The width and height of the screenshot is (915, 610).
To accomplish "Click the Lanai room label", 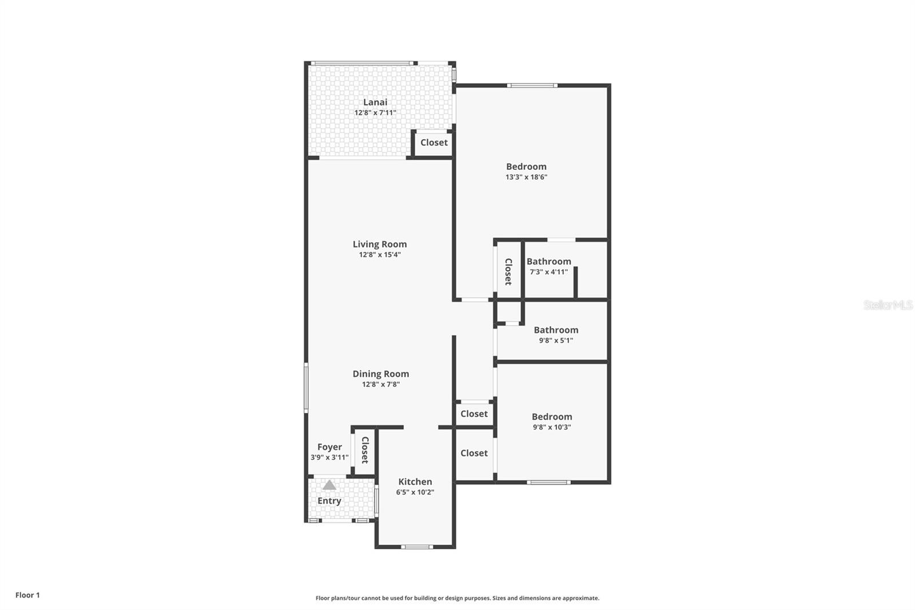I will click(375, 102).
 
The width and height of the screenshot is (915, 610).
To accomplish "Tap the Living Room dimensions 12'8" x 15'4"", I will click(380, 255).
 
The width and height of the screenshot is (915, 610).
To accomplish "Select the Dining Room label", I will click(381, 374).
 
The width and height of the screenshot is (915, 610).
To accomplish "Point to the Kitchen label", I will click(415, 482).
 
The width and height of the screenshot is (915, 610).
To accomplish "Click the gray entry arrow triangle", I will click(329, 485).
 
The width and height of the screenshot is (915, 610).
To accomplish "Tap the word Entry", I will click(329, 501).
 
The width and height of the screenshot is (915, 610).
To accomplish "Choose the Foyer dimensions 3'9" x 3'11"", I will click(329, 457).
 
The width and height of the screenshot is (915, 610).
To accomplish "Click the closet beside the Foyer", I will click(364, 451).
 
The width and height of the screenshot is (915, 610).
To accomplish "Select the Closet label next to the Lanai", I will click(434, 142).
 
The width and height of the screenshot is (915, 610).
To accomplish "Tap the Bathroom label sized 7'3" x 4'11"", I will click(549, 262).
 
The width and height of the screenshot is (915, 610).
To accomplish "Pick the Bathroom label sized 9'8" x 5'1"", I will click(556, 330).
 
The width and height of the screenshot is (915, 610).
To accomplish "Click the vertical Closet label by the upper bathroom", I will click(508, 271).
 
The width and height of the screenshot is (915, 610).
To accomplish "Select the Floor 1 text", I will click(27, 595).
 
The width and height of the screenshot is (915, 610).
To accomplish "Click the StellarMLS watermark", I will click(888, 305).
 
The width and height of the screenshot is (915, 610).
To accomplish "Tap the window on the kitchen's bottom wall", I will click(417, 547).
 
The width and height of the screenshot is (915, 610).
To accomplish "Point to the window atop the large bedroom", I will click(532, 86).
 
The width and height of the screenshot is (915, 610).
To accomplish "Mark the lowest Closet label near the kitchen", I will click(474, 453).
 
